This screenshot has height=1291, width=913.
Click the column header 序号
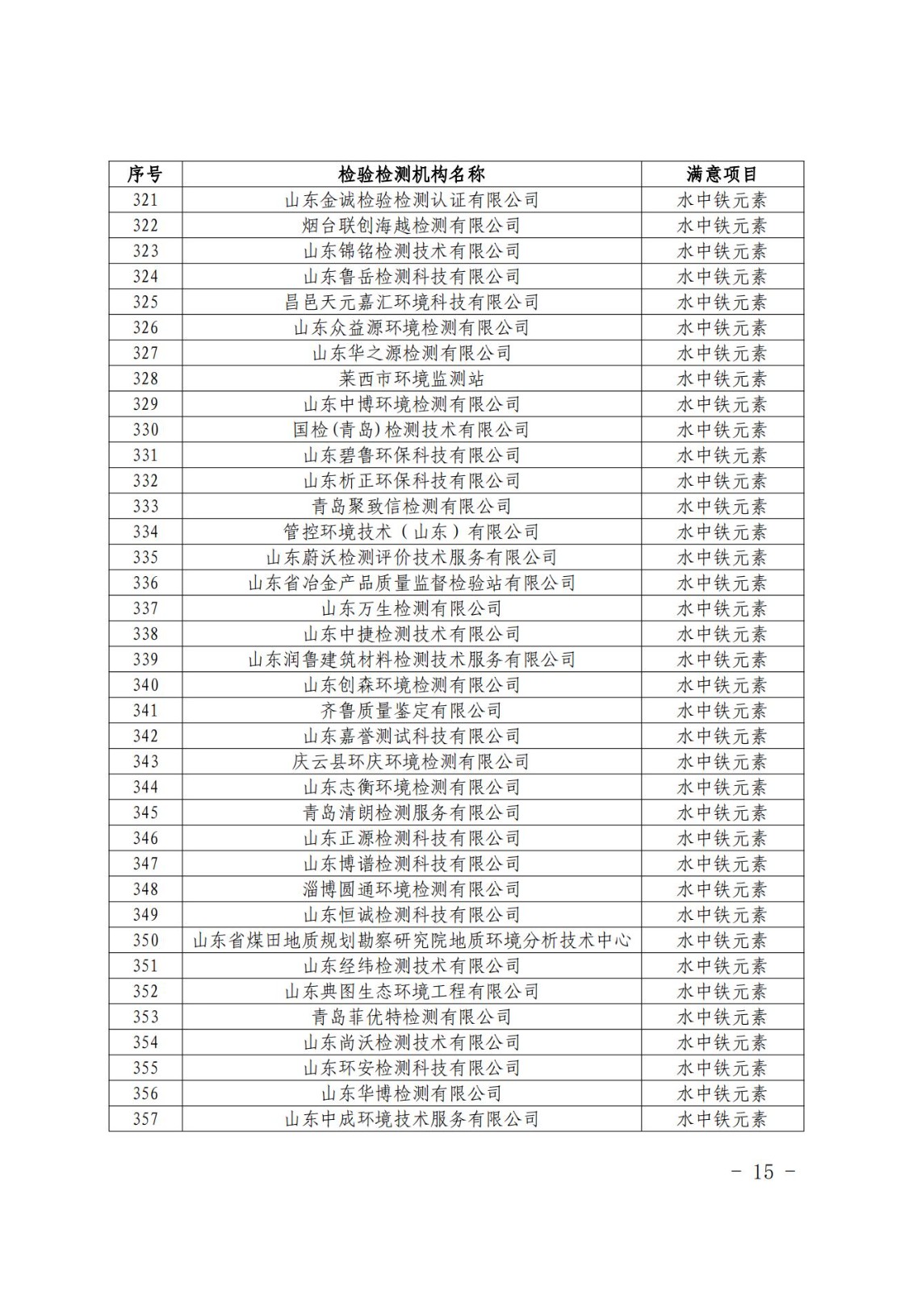tap(145, 174)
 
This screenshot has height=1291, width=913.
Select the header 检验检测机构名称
tap(412, 174)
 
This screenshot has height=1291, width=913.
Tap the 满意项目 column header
tap(722, 174)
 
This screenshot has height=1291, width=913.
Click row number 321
tap(145, 200)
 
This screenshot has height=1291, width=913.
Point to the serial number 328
tap(145, 378)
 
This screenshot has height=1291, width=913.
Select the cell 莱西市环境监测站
tap(412, 378)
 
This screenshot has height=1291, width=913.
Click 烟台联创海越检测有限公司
tap(412, 225)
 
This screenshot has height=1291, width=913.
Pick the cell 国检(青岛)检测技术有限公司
tap(412, 429)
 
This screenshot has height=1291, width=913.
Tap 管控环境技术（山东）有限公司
tap(412, 532)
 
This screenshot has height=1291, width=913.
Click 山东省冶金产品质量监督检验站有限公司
tap(412, 583)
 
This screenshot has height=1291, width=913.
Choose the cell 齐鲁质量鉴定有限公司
tap(412, 711)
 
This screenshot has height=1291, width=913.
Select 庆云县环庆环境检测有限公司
tap(412, 762)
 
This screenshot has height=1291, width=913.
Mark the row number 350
tap(145, 940)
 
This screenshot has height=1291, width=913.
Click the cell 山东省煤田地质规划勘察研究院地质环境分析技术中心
tap(412, 940)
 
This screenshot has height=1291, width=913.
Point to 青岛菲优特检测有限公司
tap(412, 1017)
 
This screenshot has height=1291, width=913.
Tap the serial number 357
tap(145, 1119)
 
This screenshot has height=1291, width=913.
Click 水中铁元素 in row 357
tap(722, 1119)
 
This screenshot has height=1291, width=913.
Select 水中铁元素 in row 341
tap(722, 711)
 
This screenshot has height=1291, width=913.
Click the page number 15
tap(763, 1172)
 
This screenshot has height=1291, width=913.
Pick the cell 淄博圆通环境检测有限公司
tap(412, 889)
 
